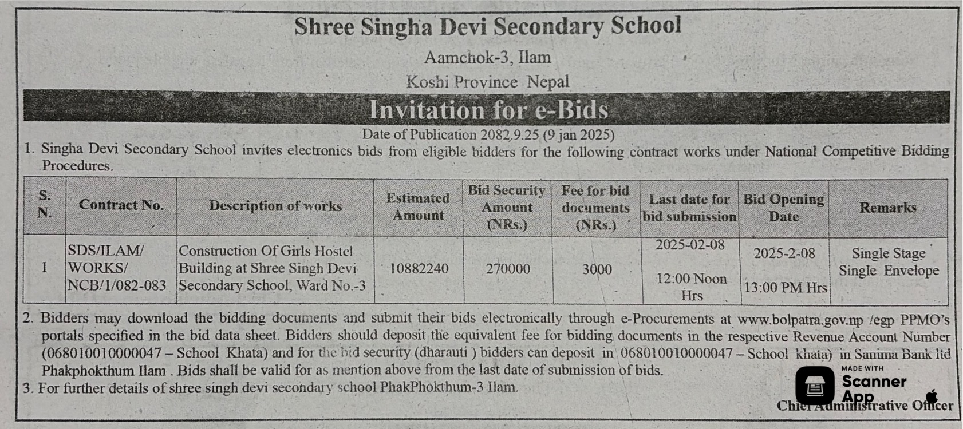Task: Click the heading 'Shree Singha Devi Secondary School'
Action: point(487,27)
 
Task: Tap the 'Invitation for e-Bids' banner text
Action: point(488,109)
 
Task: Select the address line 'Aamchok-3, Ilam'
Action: point(487,57)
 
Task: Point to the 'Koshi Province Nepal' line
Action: point(487,82)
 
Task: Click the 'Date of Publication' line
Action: point(488,135)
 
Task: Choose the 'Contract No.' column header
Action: point(121,205)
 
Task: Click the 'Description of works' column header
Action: point(275,206)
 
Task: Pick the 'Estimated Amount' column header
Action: point(418,206)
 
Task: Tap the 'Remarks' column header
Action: point(888,208)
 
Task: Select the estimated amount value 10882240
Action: point(419,269)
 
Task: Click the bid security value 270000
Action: point(508,269)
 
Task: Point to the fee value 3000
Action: point(597,269)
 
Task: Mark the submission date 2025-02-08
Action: point(690,245)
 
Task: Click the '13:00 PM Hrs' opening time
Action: point(785,288)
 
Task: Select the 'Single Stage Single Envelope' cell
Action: point(889,262)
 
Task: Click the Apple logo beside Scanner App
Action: point(931,395)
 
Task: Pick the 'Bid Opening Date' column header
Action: point(783,208)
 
